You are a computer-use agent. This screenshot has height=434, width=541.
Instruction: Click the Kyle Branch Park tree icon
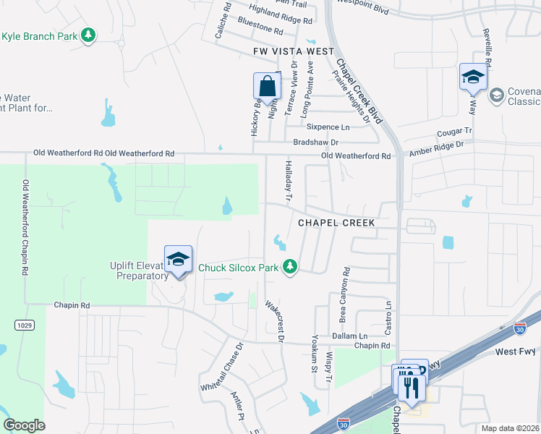pyautogui.click(x=88, y=35)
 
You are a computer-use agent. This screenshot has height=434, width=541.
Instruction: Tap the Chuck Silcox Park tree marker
pyautogui.click(x=290, y=268)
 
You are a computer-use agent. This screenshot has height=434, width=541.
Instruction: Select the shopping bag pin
pyautogui.click(x=267, y=86)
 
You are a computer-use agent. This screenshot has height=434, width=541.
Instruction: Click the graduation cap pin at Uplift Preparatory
pyautogui.click(x=179, y=258)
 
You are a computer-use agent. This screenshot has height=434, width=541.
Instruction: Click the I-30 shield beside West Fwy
pyautogui.click(x=520, y=328)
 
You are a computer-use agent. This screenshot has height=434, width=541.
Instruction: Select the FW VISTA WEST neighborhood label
pyautogui.click(x=294, y=51)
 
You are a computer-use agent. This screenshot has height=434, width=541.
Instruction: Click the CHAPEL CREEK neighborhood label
pyautogui.click(x=333, y=223)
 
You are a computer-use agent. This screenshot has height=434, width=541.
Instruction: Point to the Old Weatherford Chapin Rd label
pyautogui.click(x=25, y=226)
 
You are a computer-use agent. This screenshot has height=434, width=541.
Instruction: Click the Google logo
pyautogui.click(x=24, y=425)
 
